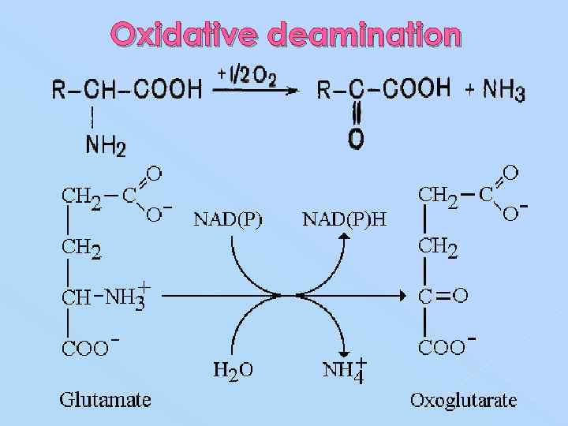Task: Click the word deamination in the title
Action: click(x=364, y=34)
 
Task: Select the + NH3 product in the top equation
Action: click(x=495, y=90)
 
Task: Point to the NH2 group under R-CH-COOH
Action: click(x=104, y=145)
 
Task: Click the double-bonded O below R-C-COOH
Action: click(x=356, y=140)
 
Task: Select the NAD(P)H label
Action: click(x=345, y=219)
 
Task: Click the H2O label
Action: click(x=233, y=369)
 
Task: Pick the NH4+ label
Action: click(x=346, y=369)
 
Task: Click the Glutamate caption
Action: click(x=105, y=399)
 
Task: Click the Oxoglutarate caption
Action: click(x=463, y=399)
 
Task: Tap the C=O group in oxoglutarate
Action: click(x=443, y=296)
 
